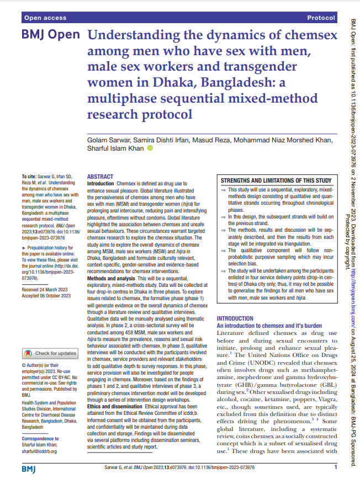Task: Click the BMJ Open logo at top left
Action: (51, 35)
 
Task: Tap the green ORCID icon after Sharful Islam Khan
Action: (150, 149)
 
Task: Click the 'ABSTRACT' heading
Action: (100, 177)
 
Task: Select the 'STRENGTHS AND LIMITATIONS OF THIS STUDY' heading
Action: (276, 180)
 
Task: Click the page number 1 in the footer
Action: (336, 467)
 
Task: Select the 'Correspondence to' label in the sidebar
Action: (40, 439)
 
